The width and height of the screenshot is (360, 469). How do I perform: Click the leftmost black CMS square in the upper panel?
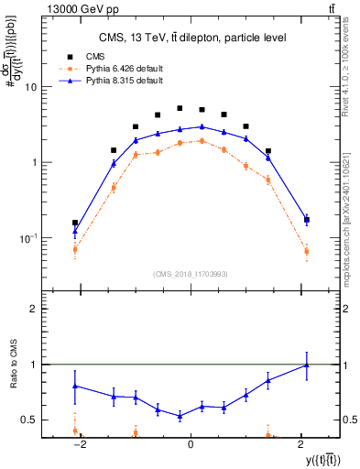75,223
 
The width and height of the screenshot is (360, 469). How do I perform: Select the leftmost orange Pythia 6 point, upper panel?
75,249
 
